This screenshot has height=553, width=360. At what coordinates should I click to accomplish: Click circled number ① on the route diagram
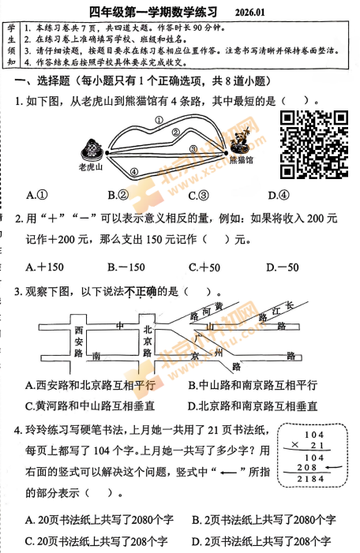[x=159, y=121]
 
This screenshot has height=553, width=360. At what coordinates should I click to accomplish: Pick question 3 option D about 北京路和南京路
[x=253, y=405]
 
